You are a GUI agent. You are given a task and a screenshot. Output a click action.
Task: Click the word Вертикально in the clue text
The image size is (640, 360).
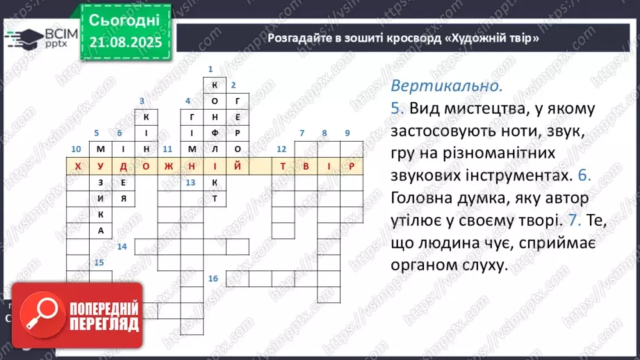445,87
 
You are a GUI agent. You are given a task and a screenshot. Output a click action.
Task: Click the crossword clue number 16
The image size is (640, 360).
213,279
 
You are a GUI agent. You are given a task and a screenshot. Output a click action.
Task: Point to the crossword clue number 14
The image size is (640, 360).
122,247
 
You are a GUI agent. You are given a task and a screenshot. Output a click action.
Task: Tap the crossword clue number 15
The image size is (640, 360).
99,263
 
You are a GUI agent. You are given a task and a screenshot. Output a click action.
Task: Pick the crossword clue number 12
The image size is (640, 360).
281,149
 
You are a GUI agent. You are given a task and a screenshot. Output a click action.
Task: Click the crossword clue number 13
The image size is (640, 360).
190,183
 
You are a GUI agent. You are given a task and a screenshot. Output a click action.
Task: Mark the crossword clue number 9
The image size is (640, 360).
347,133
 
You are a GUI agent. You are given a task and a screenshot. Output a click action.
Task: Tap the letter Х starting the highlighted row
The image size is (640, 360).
77,167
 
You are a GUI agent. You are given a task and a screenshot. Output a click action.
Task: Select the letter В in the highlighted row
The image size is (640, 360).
305,167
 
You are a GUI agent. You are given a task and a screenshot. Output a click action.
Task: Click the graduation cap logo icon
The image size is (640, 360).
25,36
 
